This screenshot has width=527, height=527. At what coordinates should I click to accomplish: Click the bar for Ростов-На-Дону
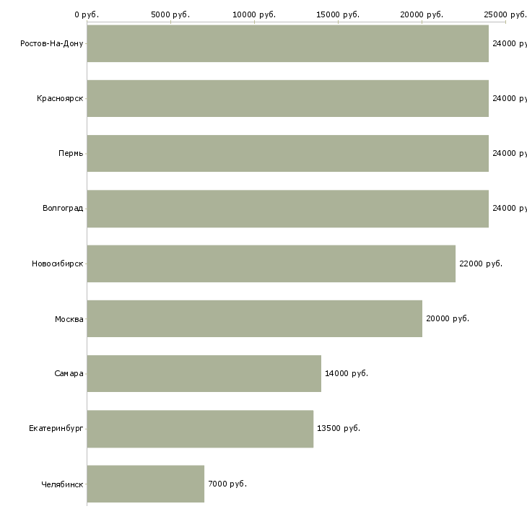coord(287,43)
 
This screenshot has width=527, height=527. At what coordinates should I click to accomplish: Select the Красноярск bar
coord(287,98)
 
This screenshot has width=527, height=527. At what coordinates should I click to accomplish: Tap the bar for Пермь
coord(287,153)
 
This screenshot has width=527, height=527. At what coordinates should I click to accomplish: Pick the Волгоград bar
coord(287,209)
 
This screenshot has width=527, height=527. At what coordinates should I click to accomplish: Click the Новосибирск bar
coord(271,263)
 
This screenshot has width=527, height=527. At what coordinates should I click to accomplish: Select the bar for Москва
coord(254,318)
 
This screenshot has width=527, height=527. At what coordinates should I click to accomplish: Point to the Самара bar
coord(204,373)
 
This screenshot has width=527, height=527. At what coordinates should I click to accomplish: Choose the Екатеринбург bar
coord(200,429)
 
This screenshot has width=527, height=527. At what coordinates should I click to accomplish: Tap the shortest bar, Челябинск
coord(145,484)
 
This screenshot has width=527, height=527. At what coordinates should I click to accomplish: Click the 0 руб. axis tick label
coord(87,14)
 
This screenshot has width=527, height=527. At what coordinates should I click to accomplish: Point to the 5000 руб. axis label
coord(170,14)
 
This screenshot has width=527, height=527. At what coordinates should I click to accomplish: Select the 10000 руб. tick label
coord(254,14)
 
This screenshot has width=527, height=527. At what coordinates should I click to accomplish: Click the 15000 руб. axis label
coord(338,14)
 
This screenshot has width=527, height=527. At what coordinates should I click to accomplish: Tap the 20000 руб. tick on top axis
coord(422,14)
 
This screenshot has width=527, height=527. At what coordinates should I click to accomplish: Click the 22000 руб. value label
coord(481,263)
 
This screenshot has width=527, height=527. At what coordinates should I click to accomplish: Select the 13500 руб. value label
coord(339,428)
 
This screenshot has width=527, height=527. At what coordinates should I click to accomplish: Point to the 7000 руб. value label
coord(227,484)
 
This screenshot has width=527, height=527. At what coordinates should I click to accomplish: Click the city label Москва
coord(69,319)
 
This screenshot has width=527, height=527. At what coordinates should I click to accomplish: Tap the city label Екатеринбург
coord(56,429)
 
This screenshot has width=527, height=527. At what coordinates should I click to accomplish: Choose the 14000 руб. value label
coord(347,373)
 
